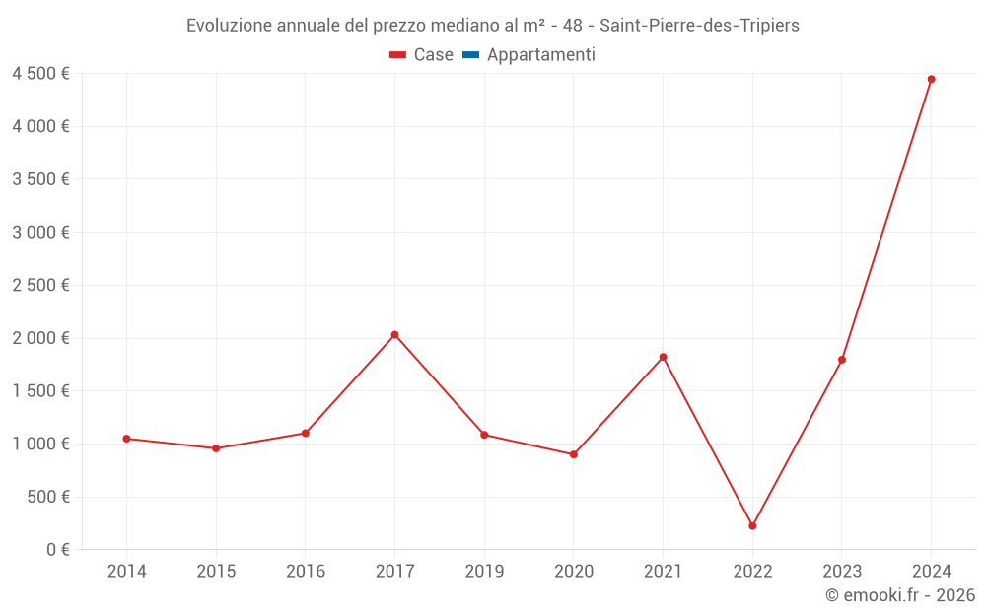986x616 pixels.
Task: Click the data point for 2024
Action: tap(931, 79)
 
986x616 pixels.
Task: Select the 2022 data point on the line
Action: tap(752, 526)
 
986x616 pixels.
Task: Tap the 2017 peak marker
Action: tap(394, 335)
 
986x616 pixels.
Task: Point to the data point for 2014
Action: tap(126, 439)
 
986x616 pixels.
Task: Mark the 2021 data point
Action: tap(663, 357)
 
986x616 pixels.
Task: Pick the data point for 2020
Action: tap(573, 454)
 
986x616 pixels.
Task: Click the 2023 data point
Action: tap(841, 360)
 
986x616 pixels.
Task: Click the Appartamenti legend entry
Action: tap(540, 55)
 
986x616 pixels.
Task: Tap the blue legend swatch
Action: tap(470, 55)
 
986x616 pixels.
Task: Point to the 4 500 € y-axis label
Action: tap(40, 74)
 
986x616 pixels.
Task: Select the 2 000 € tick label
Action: tap(40, 338)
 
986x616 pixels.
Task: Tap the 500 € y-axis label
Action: tap(46, 497)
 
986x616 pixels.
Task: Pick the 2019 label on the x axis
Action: tap(484, 572)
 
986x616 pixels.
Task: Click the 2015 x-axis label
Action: tap(216, 572)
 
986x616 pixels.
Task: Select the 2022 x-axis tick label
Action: tap(752, 572)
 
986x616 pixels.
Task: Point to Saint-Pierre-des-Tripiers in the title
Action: tap(699, 26)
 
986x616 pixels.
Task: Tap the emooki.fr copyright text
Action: tap(900, 595)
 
